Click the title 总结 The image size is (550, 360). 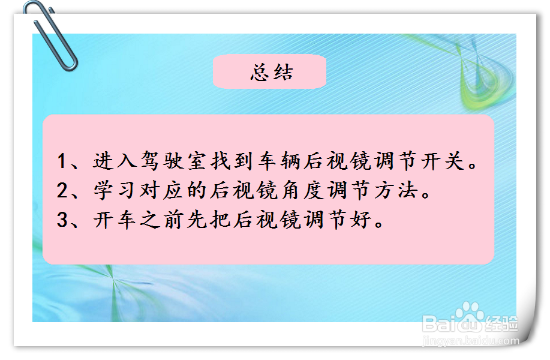(271, 73)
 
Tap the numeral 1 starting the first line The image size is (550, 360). (62, 161)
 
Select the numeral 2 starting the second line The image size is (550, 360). (62, 191)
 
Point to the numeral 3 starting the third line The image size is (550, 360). (62, 220)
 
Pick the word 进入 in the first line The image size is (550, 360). (115, 161)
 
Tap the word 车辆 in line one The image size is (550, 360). (279, 161)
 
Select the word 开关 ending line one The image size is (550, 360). (443, 161)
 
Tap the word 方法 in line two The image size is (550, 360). (396, 191)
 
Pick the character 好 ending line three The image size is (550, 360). (360, 220)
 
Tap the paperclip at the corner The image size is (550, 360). (50, 35)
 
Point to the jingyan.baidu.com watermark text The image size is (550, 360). (471, 341)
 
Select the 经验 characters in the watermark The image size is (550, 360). (501, 324)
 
